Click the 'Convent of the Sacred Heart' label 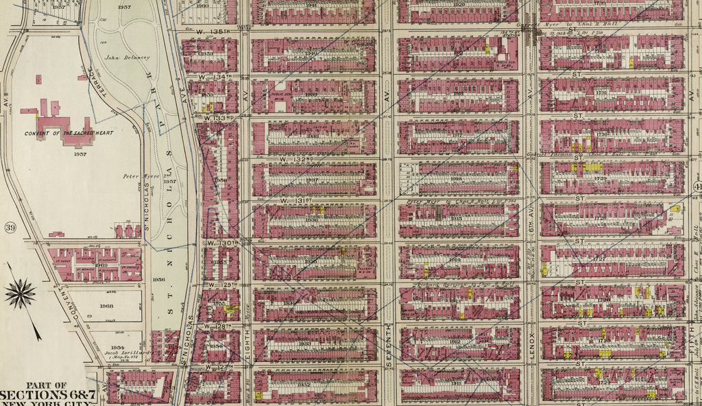click(x=69, y=132)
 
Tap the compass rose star click(x=21, y=294)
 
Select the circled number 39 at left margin click(x=10, y=227)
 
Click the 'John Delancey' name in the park click(x=128, y=58)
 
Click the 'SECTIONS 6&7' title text click(x=43, y=395)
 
